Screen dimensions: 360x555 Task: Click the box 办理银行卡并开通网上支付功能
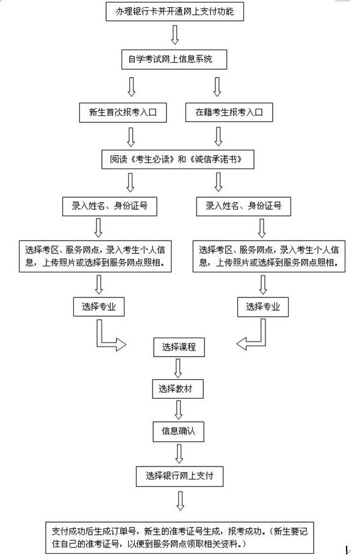click(175, 12)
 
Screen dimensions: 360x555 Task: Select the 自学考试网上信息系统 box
click(174, 59)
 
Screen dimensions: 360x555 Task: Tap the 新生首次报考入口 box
click(123, 112)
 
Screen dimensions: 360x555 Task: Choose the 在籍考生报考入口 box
click(229, 112)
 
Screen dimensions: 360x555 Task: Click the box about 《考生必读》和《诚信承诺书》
click(178, 159)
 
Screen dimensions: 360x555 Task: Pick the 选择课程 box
click(179, 347)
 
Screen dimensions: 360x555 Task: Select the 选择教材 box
click(178, 389)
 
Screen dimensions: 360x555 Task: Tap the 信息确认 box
click(179, 431)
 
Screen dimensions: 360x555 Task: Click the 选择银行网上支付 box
click(179, 476)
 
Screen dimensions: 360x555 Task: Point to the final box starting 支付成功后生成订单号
click(179, 537)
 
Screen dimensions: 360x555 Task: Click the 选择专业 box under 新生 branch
click(99, 307)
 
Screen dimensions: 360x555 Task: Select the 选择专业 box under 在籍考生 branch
click(263, 307)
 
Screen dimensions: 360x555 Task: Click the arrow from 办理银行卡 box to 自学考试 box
click(175, 35)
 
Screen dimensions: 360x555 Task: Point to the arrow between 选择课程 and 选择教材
click(178, 368)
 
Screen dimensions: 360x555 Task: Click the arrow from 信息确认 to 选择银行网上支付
click(179, 454)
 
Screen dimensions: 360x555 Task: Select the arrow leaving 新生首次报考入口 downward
click(131, 137)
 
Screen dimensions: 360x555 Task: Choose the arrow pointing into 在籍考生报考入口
click(217, 87)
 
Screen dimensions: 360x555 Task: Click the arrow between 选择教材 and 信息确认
click(179, 410)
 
